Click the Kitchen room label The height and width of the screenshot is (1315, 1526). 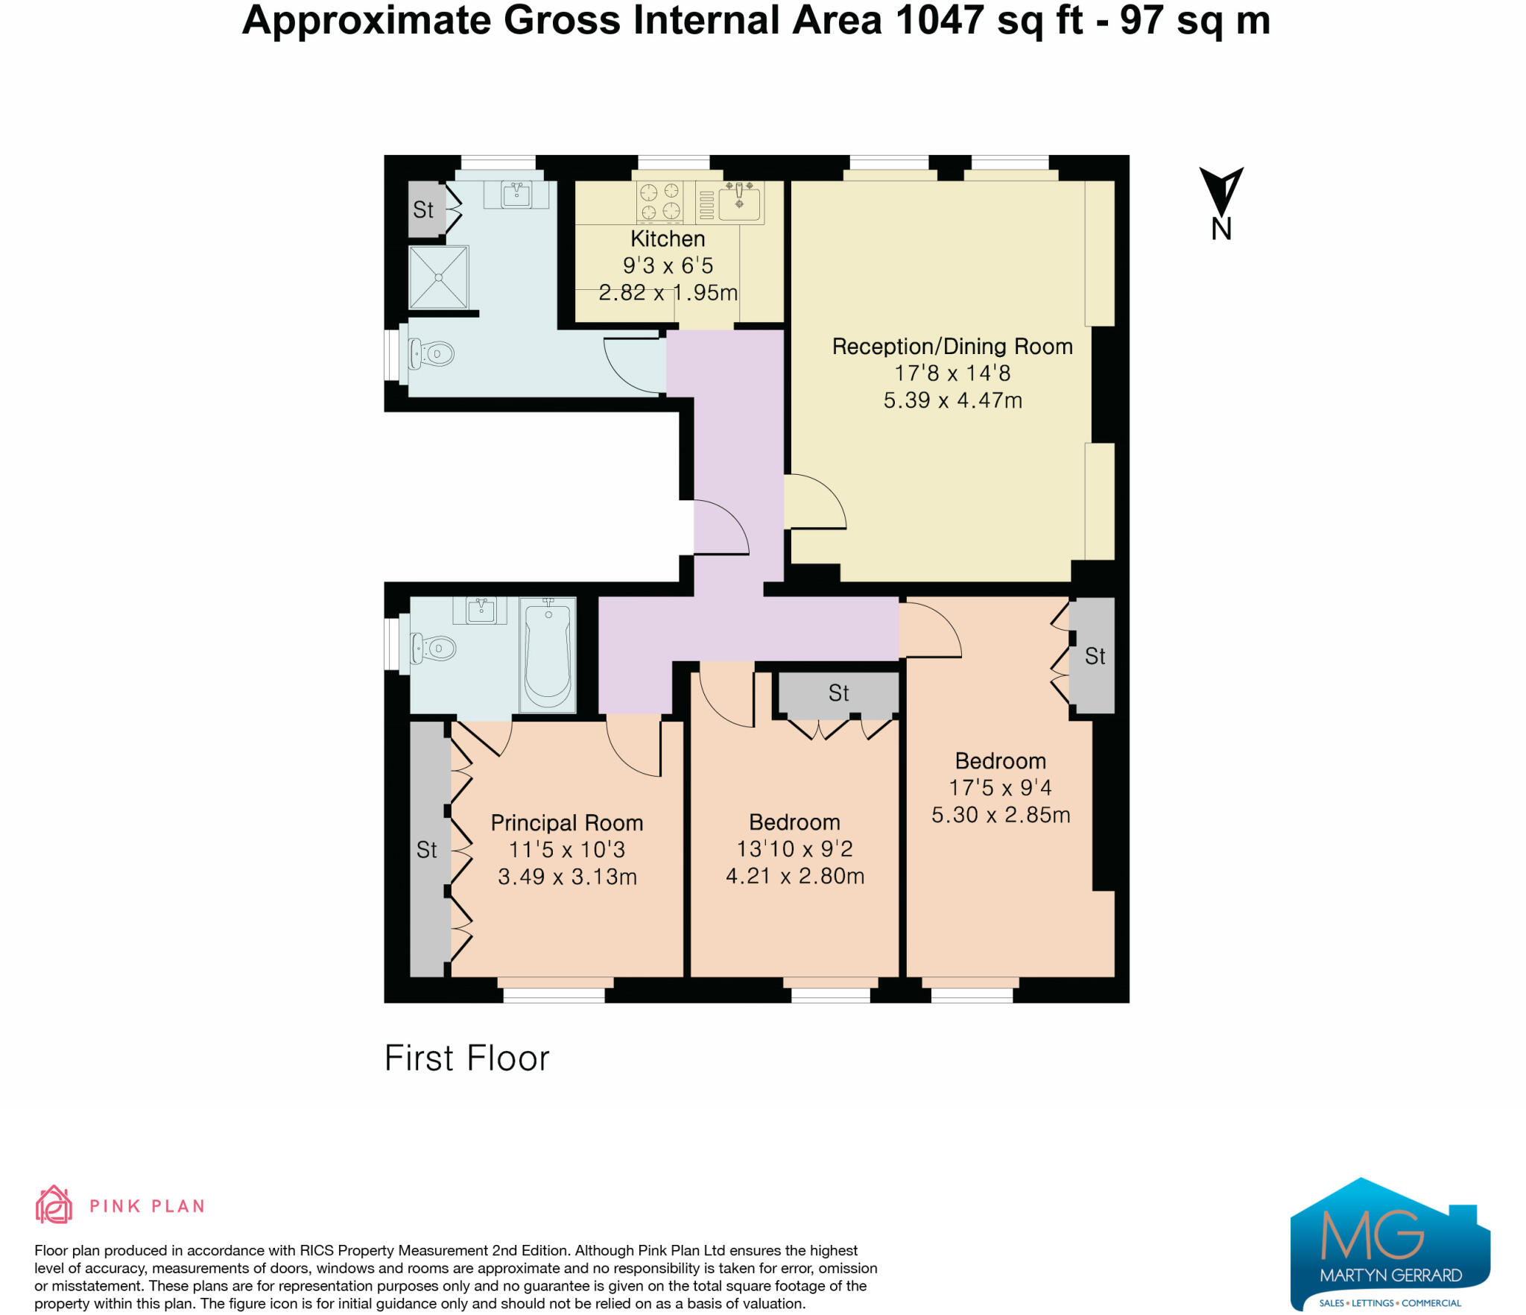[668, 239]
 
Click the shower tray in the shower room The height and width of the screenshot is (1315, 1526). [439, 277]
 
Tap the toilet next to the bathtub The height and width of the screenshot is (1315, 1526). [433, 649]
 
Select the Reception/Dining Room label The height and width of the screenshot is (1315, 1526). [952, 347]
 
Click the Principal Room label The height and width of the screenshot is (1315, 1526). [567, 823]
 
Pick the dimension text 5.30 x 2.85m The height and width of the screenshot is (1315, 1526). [1001, 815]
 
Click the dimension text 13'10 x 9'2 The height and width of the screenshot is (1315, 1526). [794, 849]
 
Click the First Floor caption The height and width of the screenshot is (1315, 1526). [467, 1059]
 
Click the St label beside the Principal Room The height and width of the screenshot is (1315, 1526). [426, 850]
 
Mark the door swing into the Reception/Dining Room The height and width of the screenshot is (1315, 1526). [815, 502]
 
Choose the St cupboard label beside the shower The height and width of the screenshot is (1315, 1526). [423, 210]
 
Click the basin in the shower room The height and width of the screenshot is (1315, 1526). [516, 194]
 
